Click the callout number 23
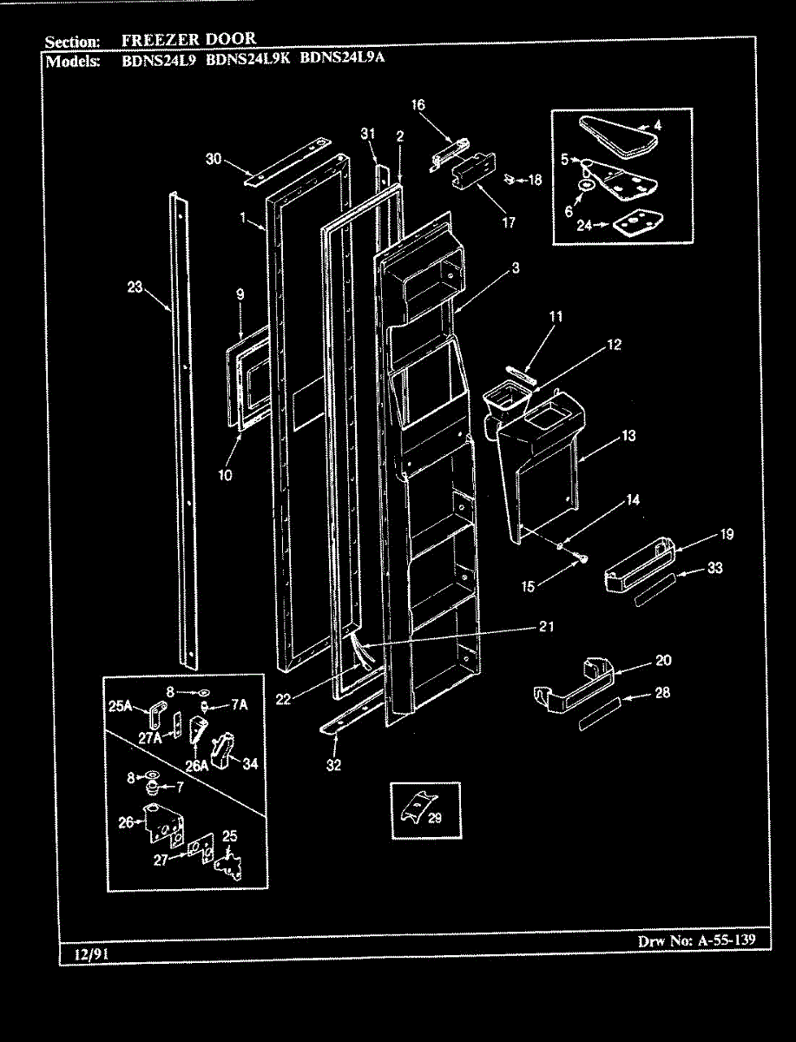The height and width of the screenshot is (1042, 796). click(135, 288)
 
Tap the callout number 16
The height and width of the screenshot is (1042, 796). click(418, 105)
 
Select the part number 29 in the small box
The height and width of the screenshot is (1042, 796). click(435, 817)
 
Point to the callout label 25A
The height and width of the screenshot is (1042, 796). click(122, 706)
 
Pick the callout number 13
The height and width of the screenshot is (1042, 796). click(628, 436)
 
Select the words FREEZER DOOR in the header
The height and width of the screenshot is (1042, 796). click(188, 39)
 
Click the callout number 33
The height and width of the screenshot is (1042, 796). click(715, 568)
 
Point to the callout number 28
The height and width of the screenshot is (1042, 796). click(663, 694)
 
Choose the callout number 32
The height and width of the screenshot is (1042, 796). click(333, 765)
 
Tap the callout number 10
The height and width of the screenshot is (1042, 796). click(226, 475)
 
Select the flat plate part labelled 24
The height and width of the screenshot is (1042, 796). click(639, 225)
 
